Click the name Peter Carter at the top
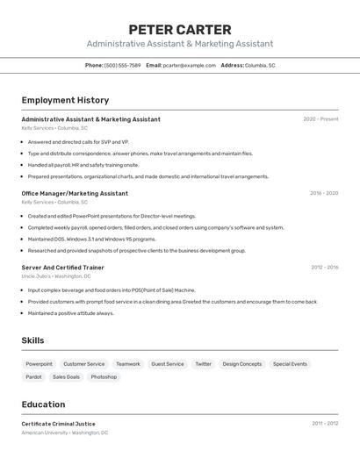click(x=179, y=29)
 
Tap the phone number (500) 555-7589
click(x=122, y=65)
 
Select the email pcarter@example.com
click(x=189, y=65)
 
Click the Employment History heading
click(x=65, y=100)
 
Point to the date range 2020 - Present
click(x=320, y=119)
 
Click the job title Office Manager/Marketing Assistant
click(x=75, y=193)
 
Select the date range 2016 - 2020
click(x=324, y=193)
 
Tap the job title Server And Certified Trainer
click(x=62, y=267)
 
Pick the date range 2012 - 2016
click(x=324, y=267)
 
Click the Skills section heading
click(x=32, y=340)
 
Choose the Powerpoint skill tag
click(x=39, y=364)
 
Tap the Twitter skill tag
click(x=203, y=364)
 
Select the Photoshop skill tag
click(x=104, y=377)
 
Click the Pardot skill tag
click(x=33, y=377)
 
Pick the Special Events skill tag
click(x=290, y=364)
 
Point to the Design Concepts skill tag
click(x=241, y=364)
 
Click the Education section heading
click(x=43, y=404)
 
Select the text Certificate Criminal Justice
click(x=58, y=424)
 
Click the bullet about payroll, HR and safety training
click(x=83, y=164)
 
